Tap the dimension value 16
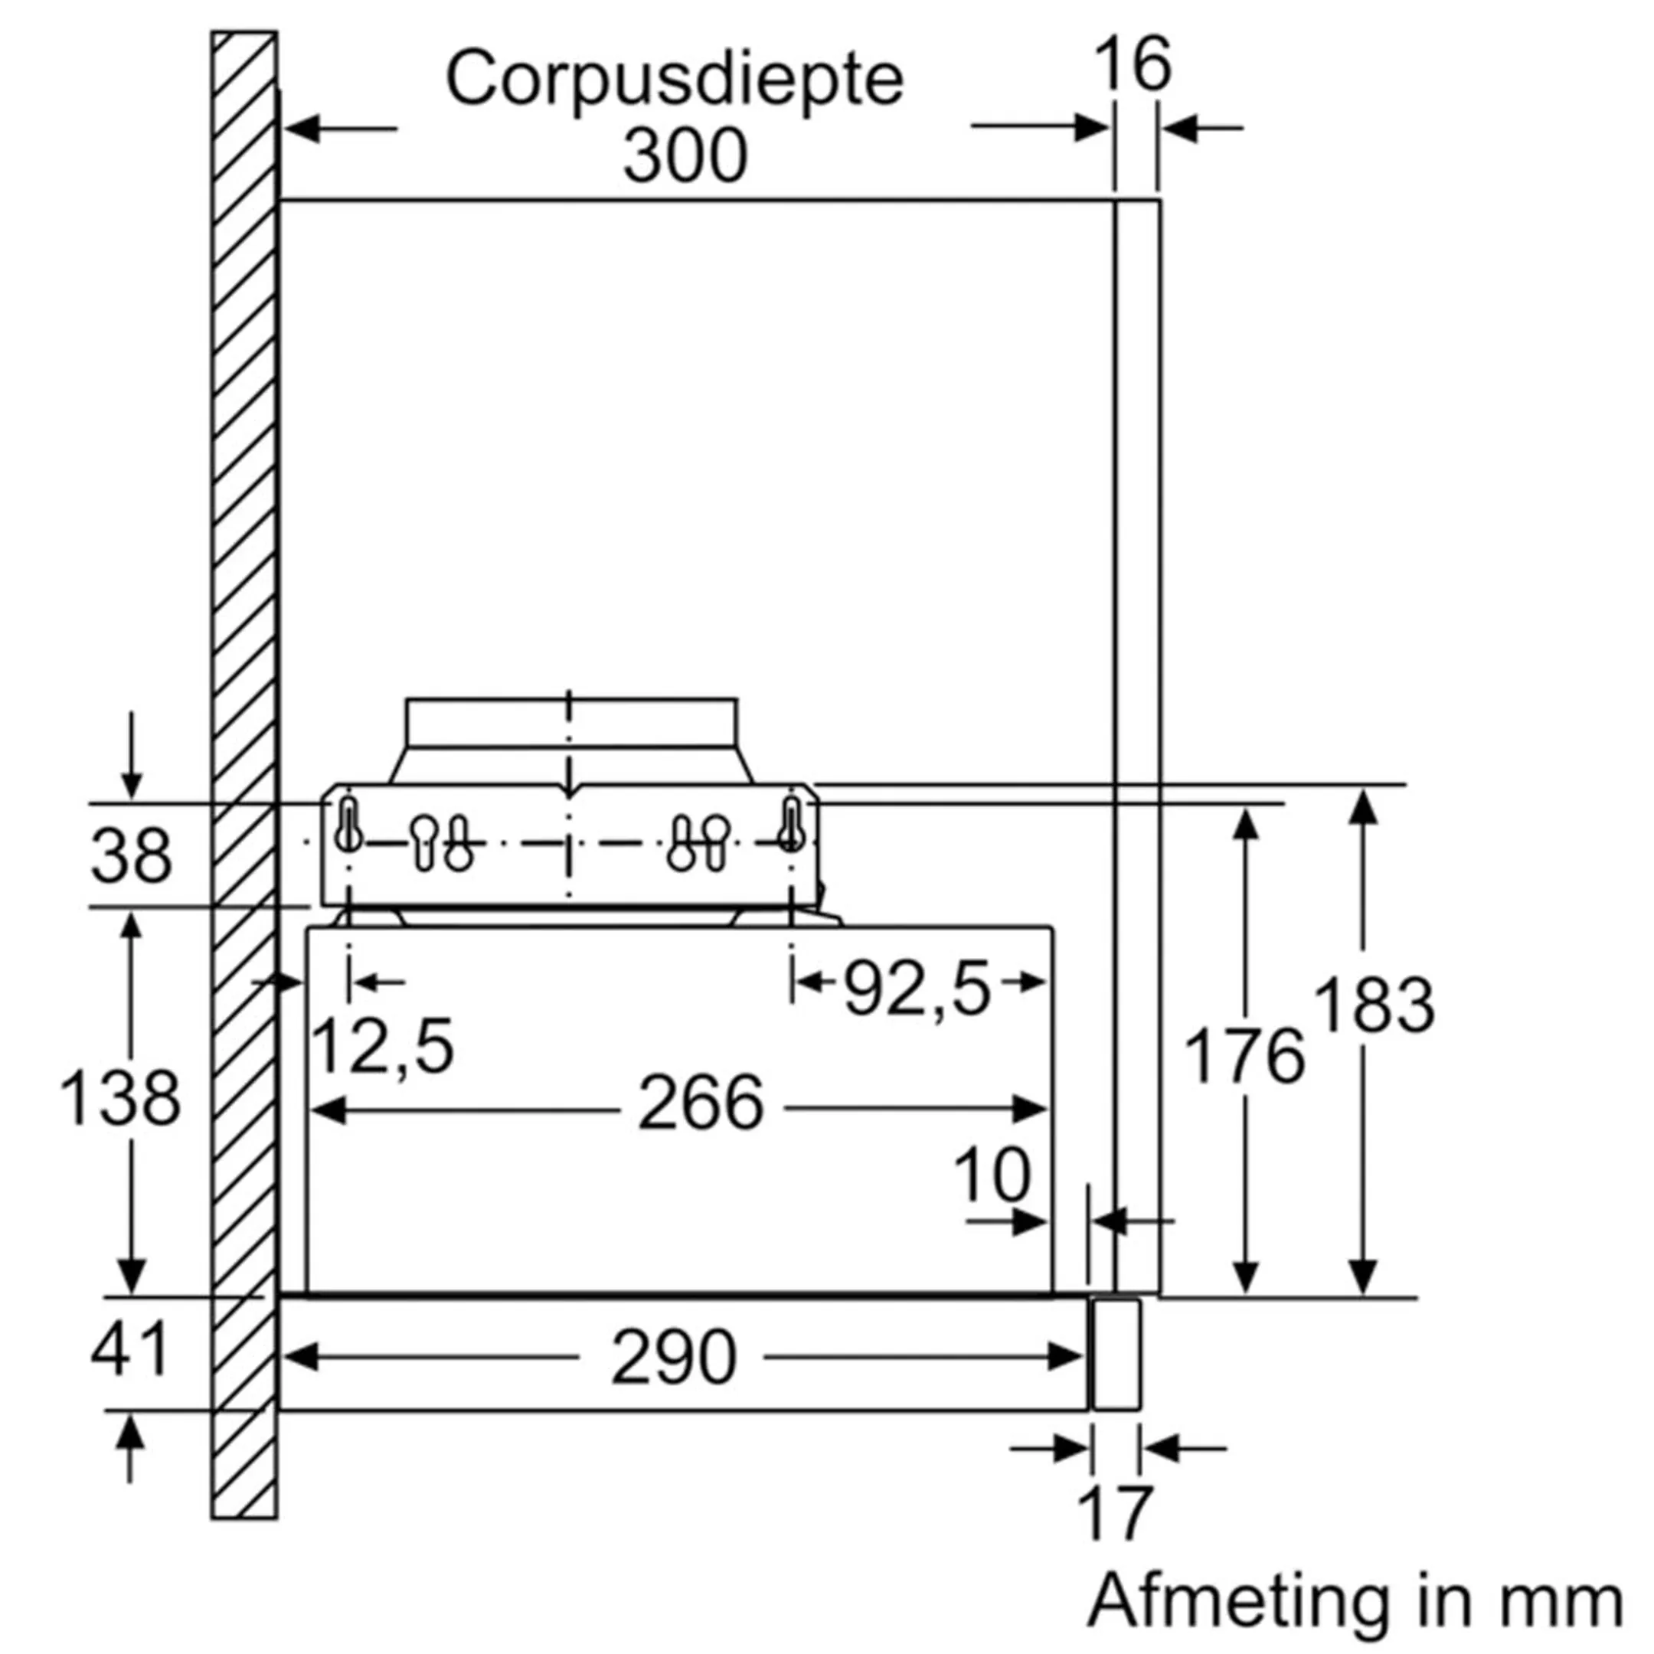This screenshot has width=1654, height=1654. [1133, 64]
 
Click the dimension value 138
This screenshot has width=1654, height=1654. [120, 1097]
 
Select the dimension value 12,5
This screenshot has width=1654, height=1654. [383, 1045]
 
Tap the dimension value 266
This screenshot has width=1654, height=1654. [701, 1103]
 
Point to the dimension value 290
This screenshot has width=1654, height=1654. [673, 1358]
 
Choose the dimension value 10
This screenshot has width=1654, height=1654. [992, 1175]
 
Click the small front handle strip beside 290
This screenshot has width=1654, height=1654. [1116, 1354]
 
